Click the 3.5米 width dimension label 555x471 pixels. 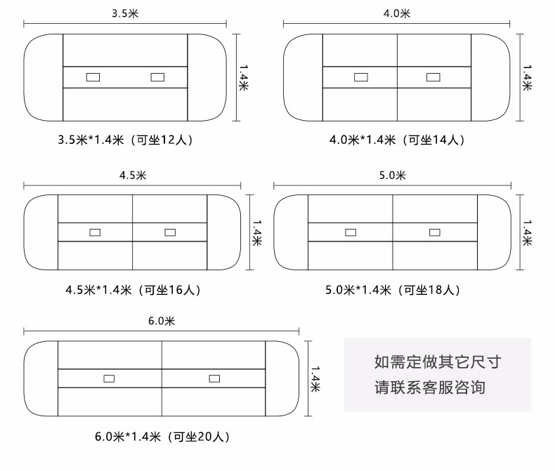125,13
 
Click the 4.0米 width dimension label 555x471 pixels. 397,13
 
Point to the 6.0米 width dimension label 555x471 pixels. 161,321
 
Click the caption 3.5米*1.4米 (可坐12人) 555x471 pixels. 125,140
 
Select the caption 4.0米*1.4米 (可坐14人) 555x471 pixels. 397,140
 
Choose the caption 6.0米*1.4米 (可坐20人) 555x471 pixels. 162,437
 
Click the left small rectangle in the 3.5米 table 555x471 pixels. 93,77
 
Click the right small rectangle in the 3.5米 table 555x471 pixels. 157,77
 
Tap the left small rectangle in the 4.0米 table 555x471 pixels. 361,77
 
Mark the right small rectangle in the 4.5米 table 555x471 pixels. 169,232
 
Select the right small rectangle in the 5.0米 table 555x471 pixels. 434,232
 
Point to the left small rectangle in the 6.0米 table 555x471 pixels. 109,378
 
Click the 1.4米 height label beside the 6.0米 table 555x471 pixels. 316,379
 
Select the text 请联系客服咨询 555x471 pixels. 429,387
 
